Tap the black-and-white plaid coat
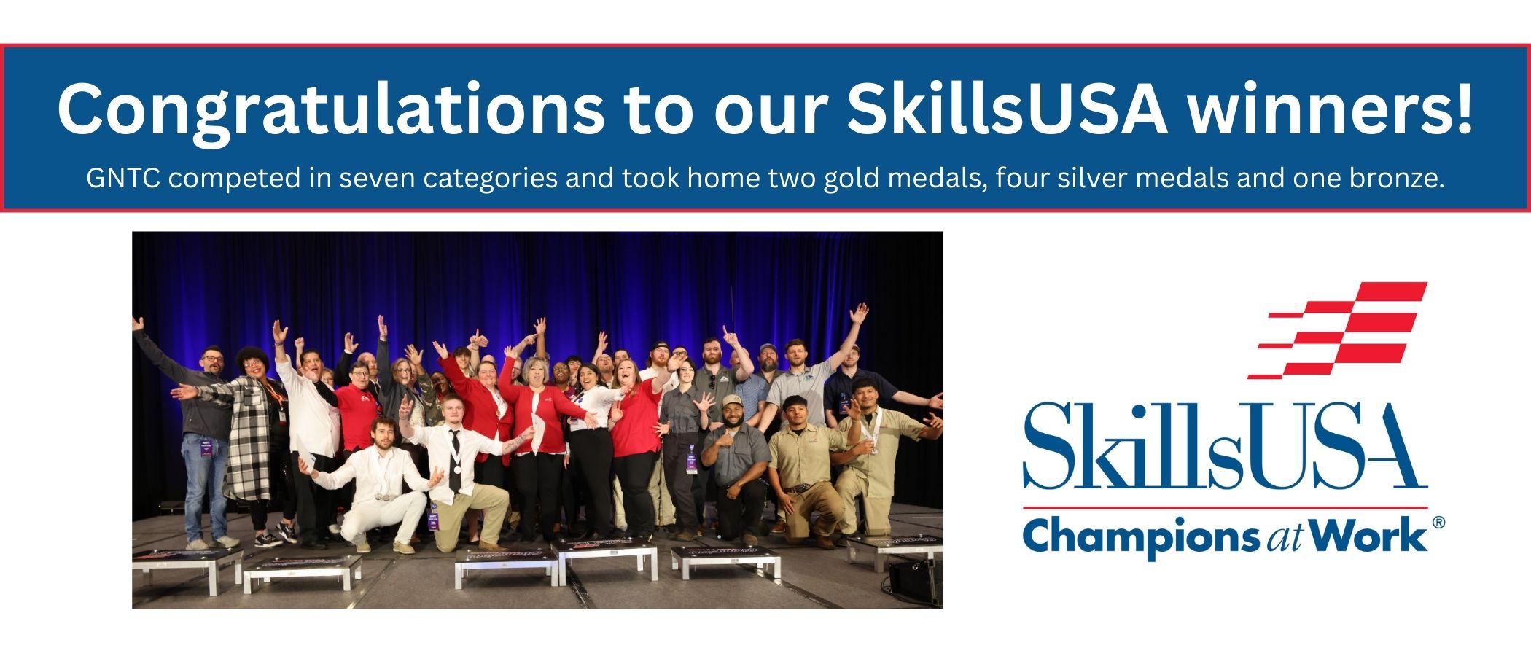248,445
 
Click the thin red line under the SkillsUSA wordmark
1225,507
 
